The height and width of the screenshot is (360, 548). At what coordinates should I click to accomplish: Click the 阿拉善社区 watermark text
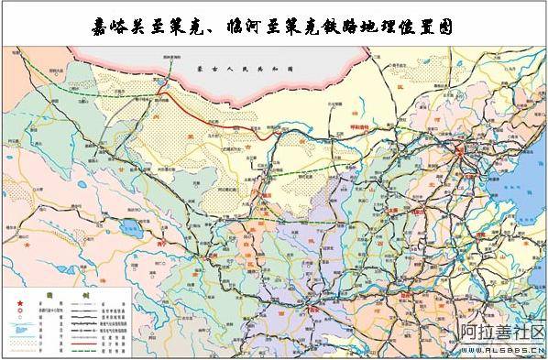click(501, 334)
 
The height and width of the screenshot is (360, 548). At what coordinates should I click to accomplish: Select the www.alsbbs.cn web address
click(501, 350)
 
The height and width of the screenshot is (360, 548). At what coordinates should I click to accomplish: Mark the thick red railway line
click(220, 115)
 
